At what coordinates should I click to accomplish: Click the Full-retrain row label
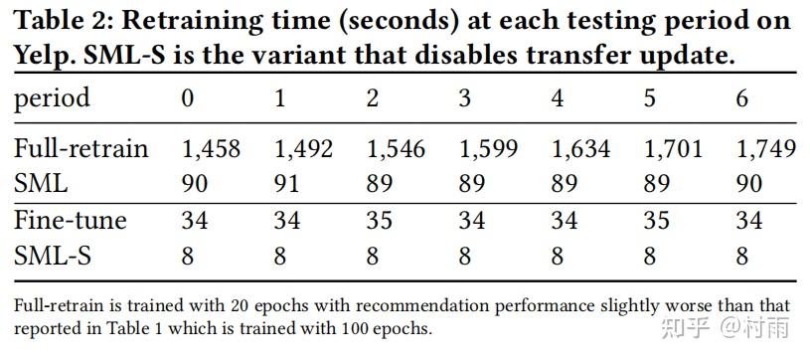point(81,149)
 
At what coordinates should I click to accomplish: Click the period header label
point(52,98)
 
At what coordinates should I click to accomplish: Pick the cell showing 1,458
point(211,149)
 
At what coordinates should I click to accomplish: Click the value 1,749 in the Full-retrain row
point(765,149)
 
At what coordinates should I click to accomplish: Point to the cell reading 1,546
point(396,149)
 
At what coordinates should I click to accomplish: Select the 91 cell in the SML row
point(288,184)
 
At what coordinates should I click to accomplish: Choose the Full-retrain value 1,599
point(488,149)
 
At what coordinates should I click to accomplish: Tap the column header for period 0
point(188,98)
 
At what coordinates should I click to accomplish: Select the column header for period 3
point(465,98)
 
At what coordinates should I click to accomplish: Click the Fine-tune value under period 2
point(380,220)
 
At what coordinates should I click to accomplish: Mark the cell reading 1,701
point(673,149)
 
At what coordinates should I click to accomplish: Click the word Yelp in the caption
point(41,55)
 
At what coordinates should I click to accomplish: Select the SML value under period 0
point(196,184)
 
